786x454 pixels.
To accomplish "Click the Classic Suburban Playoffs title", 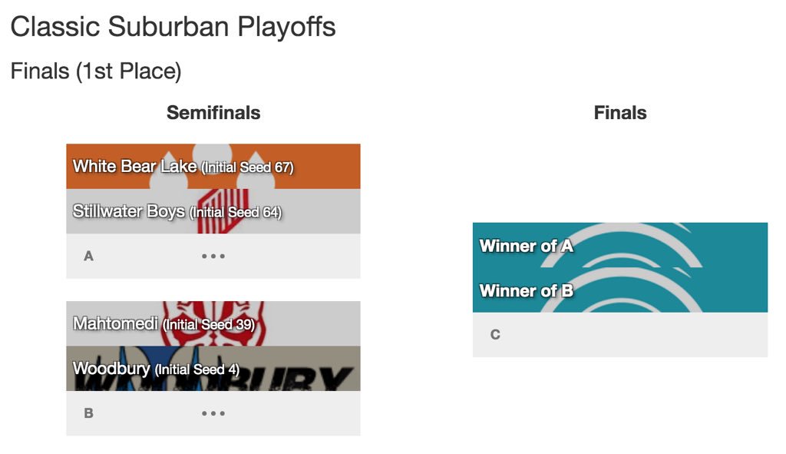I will coord(173,28).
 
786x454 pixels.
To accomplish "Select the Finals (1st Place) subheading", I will coord(96,71).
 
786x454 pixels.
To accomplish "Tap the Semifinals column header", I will coord(213,113).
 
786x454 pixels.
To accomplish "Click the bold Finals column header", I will coord(620,113).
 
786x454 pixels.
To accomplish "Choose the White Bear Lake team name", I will coord(135,166).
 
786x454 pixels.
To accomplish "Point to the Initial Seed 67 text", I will coord(247,167).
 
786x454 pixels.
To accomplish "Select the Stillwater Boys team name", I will coord(129,210).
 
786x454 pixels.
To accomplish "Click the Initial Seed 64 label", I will coord(235,212).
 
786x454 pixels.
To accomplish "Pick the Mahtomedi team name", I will coord(115,323).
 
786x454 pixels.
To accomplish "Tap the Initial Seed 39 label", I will coord(209,325).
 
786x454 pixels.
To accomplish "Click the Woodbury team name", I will coord(111,369).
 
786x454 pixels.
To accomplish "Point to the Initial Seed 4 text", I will coord(197,370).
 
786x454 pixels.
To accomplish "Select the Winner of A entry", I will coord(527,246).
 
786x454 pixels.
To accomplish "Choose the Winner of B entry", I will coord(527,290).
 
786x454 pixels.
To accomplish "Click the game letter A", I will coord(88,256).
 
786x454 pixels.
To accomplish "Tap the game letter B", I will coord(88,413).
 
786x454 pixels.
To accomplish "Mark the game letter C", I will coord(495,334).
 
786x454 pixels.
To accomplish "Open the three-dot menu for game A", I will coord(213,256).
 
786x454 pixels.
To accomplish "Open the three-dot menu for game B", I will coord(213,413).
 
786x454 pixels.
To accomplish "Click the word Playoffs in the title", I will coord(286,28).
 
